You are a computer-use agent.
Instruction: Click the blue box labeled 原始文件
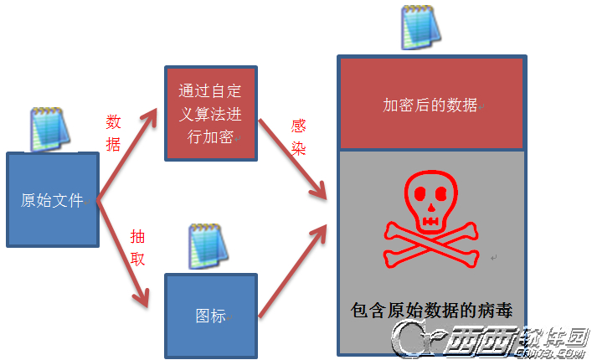53,199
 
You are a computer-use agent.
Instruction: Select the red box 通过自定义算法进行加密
210,113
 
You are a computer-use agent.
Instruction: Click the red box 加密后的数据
430,104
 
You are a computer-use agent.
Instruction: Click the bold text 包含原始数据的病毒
430,310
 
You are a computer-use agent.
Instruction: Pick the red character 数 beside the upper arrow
114,122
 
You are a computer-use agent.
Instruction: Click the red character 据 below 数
114,144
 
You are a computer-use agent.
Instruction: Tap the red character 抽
137,237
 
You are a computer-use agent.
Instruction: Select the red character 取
137,259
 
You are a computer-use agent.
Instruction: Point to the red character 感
298,126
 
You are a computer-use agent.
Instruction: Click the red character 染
298,148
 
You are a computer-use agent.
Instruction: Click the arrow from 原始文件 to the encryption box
127,154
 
